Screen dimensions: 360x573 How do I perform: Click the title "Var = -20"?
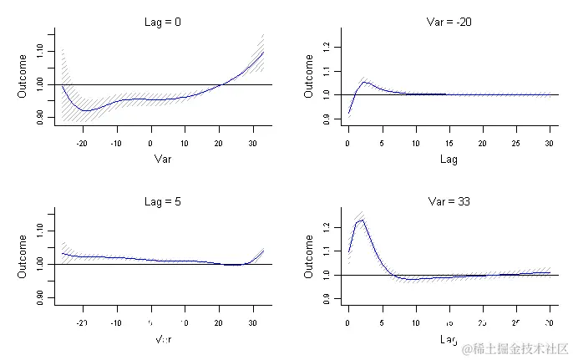point(449,23)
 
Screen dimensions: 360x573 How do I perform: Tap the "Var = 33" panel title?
point(449,202)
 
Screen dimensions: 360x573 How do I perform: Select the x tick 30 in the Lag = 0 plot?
point(254,142)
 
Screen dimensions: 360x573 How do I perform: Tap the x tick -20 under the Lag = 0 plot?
point(81,142)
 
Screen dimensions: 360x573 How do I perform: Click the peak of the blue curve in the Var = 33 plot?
point(362,220)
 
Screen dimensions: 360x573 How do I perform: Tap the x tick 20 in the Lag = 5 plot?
point(220,322)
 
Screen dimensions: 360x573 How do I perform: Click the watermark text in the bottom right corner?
point(516,347)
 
